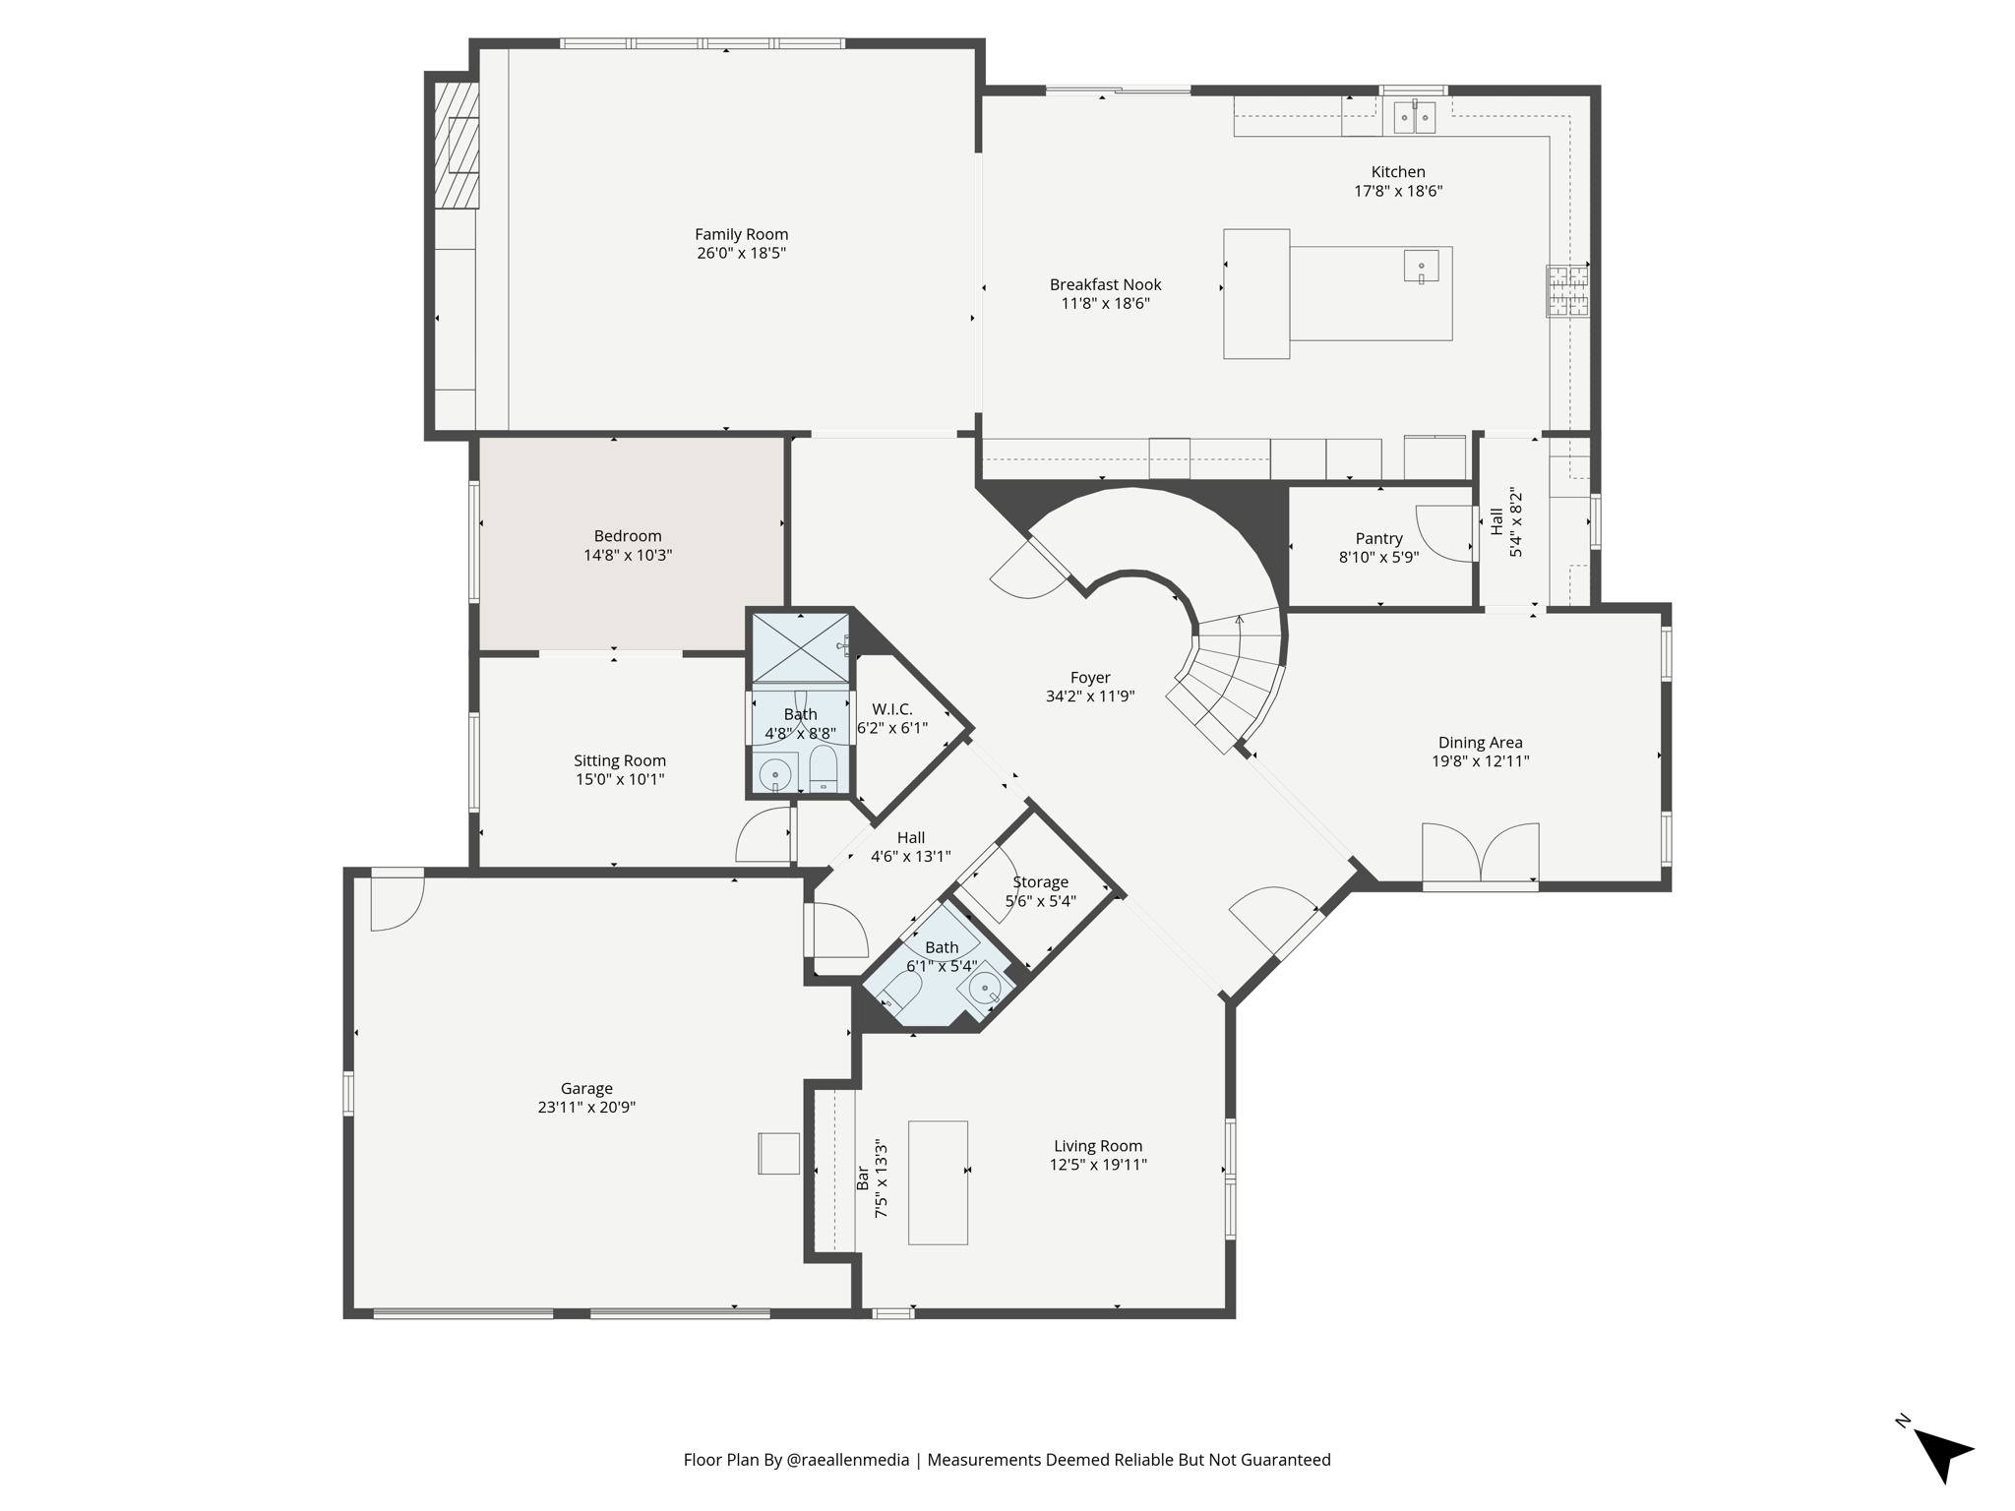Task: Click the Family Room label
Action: tap(741, 234)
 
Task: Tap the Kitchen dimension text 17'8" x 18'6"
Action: tap(1398, 191)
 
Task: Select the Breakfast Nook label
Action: tap(1105, 284)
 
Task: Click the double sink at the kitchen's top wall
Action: tap(1414, 117)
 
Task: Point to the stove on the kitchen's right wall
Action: tap(1567, 291)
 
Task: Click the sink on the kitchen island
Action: tap(1421, 267)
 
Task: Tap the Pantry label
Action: tap(1378, 538)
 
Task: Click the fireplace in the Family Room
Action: tap(458, 145)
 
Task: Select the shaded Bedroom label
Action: tap(628, 536)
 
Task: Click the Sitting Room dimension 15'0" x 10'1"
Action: tap(620, 779)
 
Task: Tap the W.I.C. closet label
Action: tap(892, 709)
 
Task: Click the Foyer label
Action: tap(1090, 678)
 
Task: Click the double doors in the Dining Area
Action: tap(1480, 853)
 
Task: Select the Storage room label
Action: tap(1040, 882)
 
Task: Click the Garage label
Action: tap(586, 1088)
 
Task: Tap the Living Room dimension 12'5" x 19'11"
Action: tap(1098, 1165)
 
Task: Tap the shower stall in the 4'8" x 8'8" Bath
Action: tap(800, 647)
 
